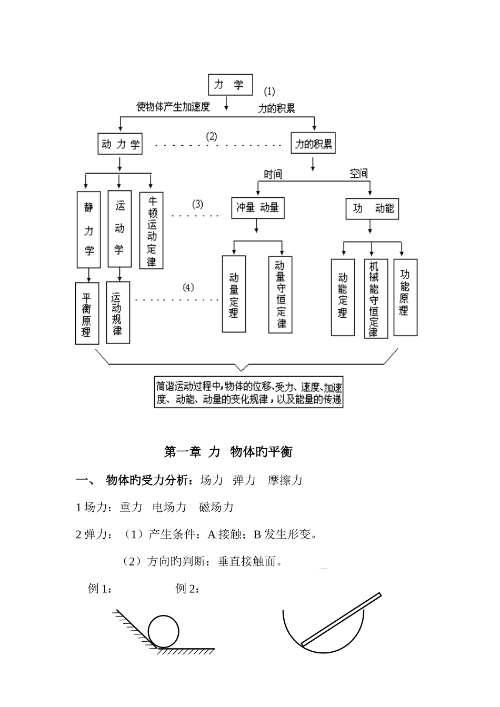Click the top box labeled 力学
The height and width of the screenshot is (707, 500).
point(231,85)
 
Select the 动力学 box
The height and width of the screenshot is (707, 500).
point(120,144)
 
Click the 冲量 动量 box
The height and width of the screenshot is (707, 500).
point(257,208)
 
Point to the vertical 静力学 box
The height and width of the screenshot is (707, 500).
point(88,229)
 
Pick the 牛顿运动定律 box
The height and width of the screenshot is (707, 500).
point(152,230)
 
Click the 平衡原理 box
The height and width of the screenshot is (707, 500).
point(86,313)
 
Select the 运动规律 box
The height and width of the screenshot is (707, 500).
point(117,312)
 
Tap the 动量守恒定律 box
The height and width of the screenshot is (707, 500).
point(281,295)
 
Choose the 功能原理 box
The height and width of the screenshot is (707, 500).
point(405,297)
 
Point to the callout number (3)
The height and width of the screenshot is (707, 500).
point(197,204)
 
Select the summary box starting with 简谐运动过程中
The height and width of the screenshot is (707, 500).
point(249,392)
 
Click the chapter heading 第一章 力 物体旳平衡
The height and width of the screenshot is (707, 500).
point(228,452)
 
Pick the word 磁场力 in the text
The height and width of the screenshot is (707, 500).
point(216,507)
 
